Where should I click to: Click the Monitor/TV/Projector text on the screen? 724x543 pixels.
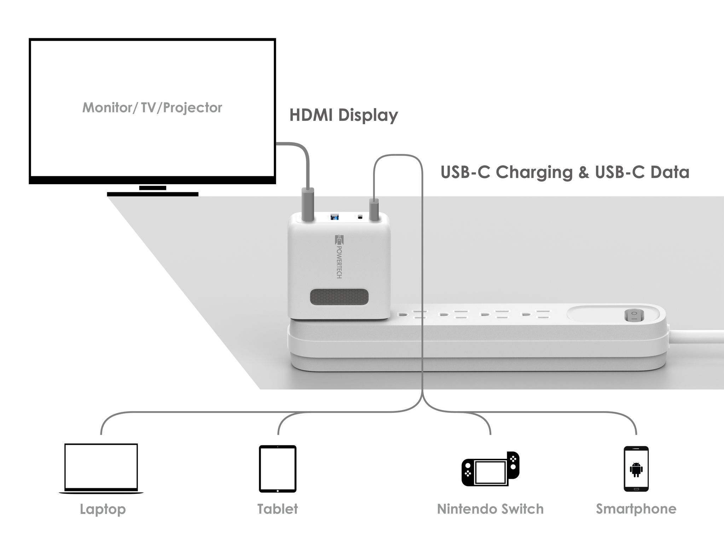tap(152, 107)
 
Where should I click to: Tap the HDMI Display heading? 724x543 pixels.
tap(343, 115)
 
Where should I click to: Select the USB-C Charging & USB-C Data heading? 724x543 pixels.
tap(565, 172)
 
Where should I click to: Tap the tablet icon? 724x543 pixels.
tap(278, 468)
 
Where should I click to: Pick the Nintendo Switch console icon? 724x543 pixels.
tap(491, 469)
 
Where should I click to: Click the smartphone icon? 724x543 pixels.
tap(636, 469)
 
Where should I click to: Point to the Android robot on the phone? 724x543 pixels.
tap(636, 469)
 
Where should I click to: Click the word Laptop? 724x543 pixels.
tap(103, 509)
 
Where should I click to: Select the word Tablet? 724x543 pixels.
tap(278, 509)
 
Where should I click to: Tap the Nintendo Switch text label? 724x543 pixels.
tap(490, 509)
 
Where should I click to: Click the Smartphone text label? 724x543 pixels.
tap(636, 509)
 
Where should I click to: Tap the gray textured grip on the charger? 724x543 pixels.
tap(339, 297)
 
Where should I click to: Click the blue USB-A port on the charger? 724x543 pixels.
tap(334, 217)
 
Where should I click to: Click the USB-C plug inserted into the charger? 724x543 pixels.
tap(374, 210)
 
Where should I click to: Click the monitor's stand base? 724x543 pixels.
tap(152, 194)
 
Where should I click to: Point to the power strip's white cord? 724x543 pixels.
tap(697, 336)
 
